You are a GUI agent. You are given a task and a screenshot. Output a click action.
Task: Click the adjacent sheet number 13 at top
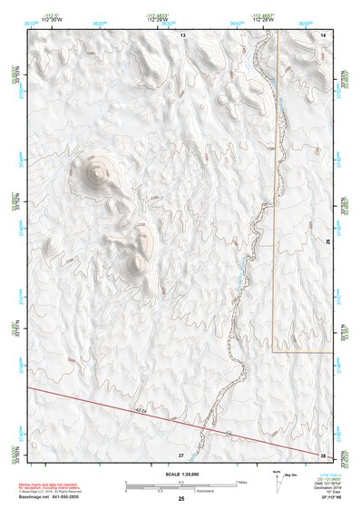(x=182, y=34)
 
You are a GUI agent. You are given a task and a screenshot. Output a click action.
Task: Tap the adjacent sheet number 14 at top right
(x=324, y=34)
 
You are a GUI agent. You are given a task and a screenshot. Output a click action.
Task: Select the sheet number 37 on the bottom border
(x=181, y=454)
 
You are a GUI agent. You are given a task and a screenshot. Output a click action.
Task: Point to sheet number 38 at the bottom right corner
(x=324, y=454)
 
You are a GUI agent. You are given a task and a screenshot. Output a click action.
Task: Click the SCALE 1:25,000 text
(x=181, y=474)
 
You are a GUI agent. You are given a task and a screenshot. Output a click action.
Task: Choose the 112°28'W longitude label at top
(x=263, y=20)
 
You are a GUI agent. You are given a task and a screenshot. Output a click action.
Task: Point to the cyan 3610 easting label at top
(x=31, y=14)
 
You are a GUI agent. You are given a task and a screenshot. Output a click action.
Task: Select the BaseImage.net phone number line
(x=49, y=496)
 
